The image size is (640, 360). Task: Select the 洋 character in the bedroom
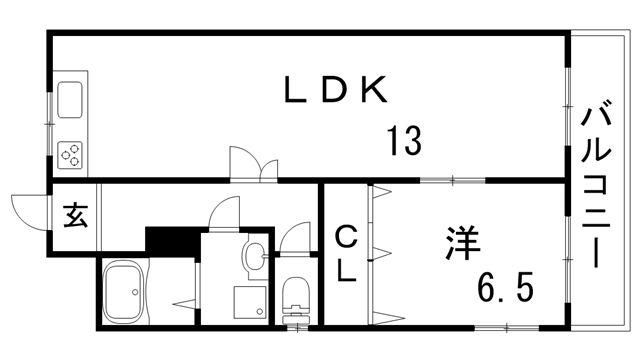click(x=462, y=243)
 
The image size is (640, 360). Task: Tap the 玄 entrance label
click(x=75, y=215)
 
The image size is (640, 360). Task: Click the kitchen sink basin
click(x=71, y=100)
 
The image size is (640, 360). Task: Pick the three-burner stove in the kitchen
click(x=71, y=153)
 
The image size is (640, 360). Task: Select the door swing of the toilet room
click(x=296, y=239)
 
